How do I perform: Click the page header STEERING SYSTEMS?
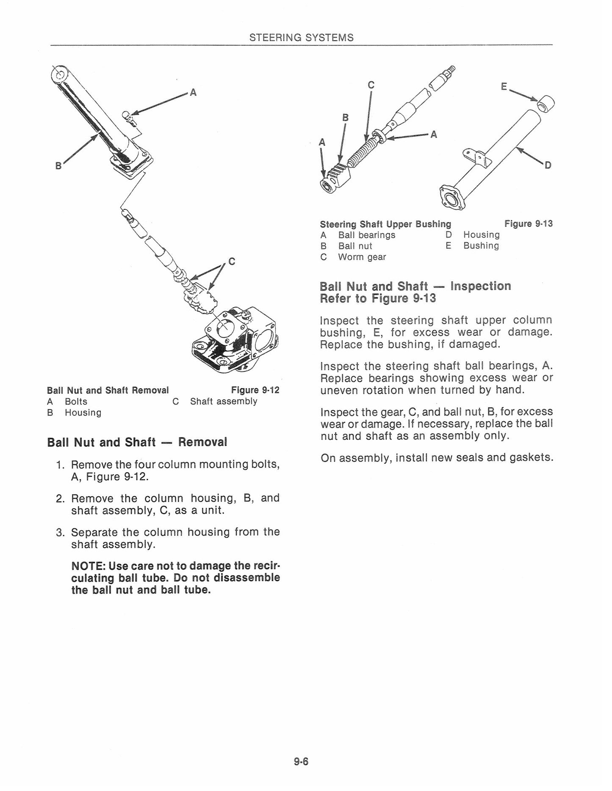pyautogui.click(x=301, y=37)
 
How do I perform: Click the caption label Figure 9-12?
pyautogui.click(x=255, y=390)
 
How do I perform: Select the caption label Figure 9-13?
pyautogui.click(x=529, y=223)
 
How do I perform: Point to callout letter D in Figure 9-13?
pyautogui.click(x=548, y=165)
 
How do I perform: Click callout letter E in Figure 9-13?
pyautogui.click(x=504, y=87)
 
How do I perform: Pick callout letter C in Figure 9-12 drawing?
pyautogui.click(x=232, y=261)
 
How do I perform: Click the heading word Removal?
pyautogui.click(x=202, y=442)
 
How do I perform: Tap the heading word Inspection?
pyautogui.click(x=481, y=286)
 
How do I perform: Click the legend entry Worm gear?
pyautogui.click(x=362, y=257)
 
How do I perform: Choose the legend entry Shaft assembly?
pyautogui.click(x=224, y=401)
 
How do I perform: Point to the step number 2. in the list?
pyautogui.click(x=60, y=498)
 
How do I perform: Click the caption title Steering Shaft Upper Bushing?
pyautogui.click(x=385, y=224)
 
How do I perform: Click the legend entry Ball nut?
pyautogui.click(x=355, y=246)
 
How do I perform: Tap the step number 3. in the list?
pyautogui.click(x=60, y=532)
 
